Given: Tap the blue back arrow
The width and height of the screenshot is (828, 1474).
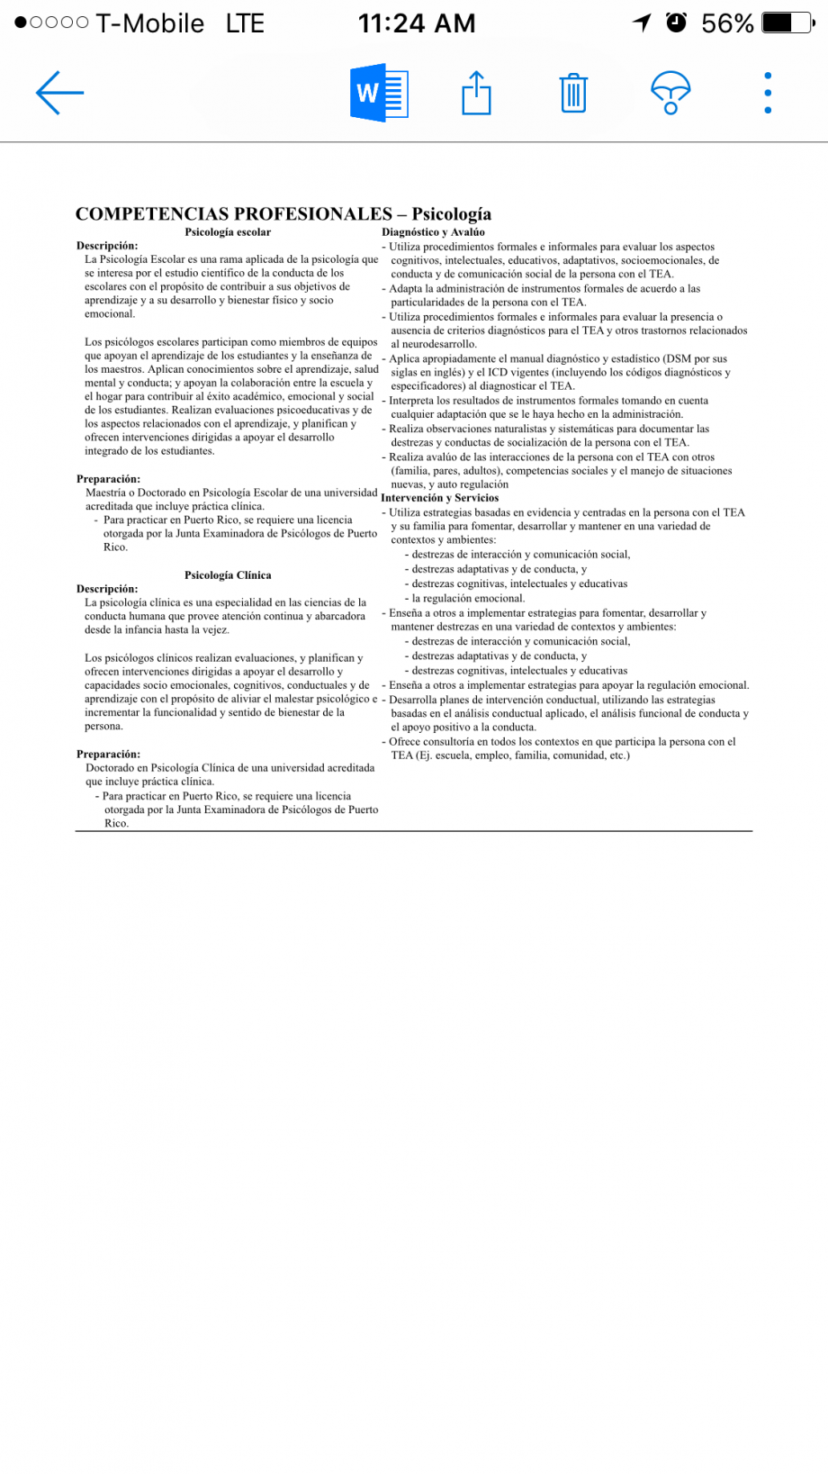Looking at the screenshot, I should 59,92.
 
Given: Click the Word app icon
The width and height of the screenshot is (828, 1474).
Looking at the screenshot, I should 379,92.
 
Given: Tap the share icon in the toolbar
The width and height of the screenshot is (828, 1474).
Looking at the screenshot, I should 476,92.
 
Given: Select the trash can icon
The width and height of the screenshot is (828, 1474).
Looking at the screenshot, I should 573,93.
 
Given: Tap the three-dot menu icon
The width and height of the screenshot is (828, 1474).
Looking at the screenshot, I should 768,93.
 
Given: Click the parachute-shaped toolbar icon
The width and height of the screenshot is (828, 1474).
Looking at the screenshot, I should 670,92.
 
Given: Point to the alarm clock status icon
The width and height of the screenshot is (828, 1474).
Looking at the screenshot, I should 676,23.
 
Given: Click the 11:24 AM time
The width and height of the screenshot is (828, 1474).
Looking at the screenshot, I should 417,23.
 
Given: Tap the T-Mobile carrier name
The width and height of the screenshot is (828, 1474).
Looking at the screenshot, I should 149,23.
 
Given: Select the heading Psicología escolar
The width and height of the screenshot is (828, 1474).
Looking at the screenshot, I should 228,232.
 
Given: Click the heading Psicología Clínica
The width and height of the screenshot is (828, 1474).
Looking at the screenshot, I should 228,574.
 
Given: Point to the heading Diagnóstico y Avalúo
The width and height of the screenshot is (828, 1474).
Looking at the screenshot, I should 433,232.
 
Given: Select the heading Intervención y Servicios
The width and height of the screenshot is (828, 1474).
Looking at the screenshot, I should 440,498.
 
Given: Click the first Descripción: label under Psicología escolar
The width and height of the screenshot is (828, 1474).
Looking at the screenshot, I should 107,246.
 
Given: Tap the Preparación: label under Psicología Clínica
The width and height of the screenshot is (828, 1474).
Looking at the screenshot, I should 108,755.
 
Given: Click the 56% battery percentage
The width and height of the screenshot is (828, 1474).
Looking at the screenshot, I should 727,23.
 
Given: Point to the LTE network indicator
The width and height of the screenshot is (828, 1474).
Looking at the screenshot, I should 245,23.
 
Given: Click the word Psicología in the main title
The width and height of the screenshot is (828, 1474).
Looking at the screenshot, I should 451,213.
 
